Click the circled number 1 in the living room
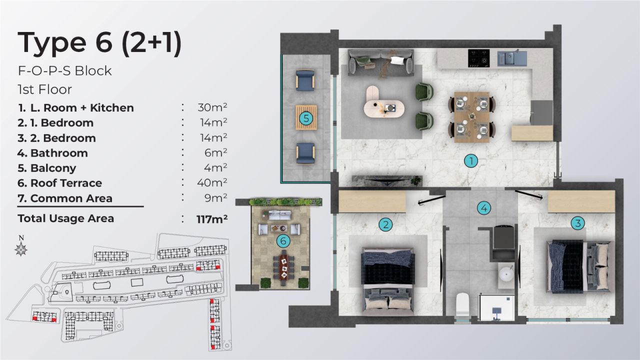pyautogui.click(x=470, y=161)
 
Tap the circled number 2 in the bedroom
pyautogui.click(x=385, y=224)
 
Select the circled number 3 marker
pyautogui.click(x=577, y=223)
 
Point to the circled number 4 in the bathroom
pyautogui.click(x=483, y=208)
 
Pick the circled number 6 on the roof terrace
pyautogui.click(x=283, y=241)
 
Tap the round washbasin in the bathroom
pyautogui.click(x=506, y=274)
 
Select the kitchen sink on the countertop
pyautogui.click(x=511, y=58)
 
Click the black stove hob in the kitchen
pyautogui.click(x=478, y=57)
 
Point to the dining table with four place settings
pyautogui.click(x=472, y=117)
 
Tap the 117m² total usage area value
pyautogui.click(x=212, y=218)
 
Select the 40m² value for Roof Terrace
pyautogui.click(x=212, y=183)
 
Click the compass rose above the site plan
pyautogui.click(x=21, y=248)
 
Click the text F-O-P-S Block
pyautogui.click(x=64, y=71)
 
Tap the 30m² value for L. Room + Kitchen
pyautogui.click(x=212, y=107)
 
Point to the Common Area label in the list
pyautogui.click(x=71, y=198)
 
